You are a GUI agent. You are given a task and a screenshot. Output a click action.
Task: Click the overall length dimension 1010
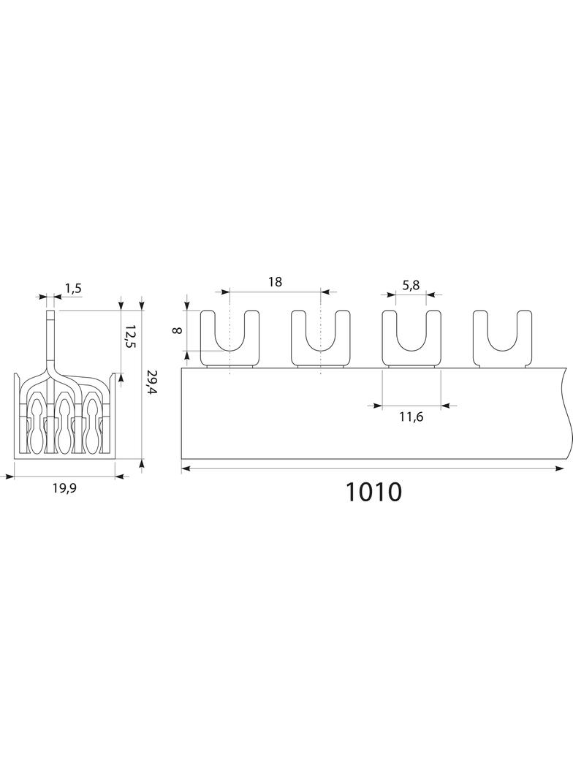pyautogui.click(x=373, y=492)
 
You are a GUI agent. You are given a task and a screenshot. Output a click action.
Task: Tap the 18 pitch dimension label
pyautogui.click(x=275, y=282)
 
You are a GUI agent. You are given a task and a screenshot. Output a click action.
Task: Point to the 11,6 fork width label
pyautogui.click(x=411, y=417)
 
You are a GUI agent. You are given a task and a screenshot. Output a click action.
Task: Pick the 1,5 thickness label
pyautogui.click(x=72, y=289)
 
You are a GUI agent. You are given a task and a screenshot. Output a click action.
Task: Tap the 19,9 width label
pyautogui.click(x=64, y=488)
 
